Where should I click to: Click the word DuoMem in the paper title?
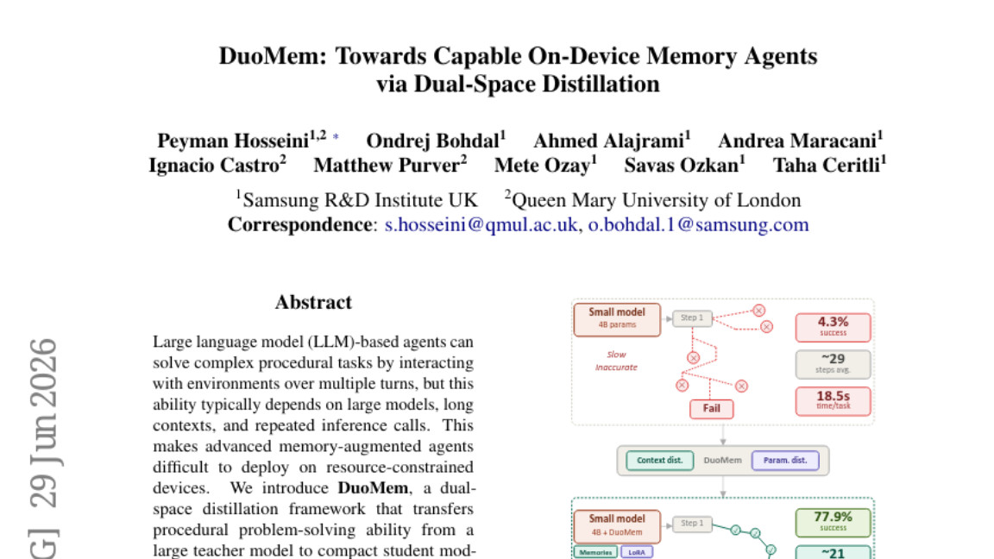click(x=272, y=56)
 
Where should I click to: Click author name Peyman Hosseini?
click(x=233, y=141)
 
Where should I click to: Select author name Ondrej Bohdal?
click(x=433, y=141)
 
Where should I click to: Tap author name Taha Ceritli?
click(x=826, y=166)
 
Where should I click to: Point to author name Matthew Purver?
click(x=387, y=166)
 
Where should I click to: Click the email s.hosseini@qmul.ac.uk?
click(x=481, y=225)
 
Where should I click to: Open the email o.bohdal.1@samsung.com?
click(x=699, y=225)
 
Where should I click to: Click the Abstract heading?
click(x=313, y=302)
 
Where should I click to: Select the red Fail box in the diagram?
click(x=711, y=409)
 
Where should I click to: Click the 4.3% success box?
click(x=833, y=327)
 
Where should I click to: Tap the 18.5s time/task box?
click(x=833, y=401)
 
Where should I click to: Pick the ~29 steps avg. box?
click(x=833, y=364)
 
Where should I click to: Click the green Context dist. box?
click(x=659, y=461)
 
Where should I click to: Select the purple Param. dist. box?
click(x=785, y=461)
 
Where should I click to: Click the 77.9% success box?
click(x=833, y=522)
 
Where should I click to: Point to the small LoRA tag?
click(x=637, y=552)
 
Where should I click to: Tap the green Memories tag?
click(x=595, y=552)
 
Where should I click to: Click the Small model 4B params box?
click(x=617, y=319)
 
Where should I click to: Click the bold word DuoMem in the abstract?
click(x=373, y=488)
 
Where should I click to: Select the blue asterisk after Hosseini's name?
click(x=336, y=137)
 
